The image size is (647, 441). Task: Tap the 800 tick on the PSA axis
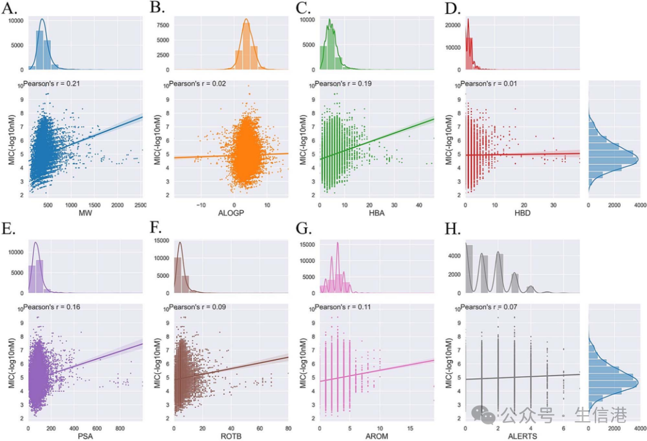[x=119, y=430]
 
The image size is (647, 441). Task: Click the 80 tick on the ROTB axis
[x=288, y=430]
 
